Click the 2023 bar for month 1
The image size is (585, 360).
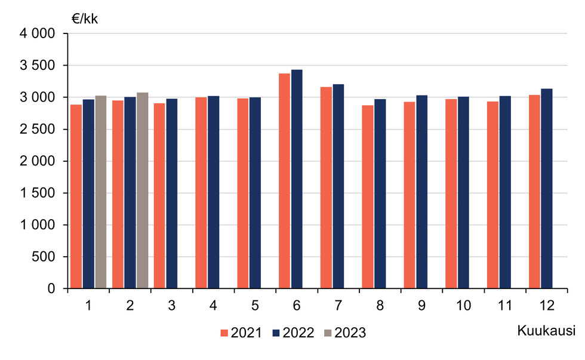click(101, 192)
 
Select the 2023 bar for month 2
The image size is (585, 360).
click(143, 191)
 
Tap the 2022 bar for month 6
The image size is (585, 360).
click(297, 179)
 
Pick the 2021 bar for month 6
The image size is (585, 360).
click(284, 181)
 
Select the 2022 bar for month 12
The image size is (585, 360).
click(546, 189)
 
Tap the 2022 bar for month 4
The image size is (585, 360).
click(213, 192)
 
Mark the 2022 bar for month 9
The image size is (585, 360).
click(421, 192)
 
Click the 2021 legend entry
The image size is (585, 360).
click(241, 333)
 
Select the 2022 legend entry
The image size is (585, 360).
click(293, 333)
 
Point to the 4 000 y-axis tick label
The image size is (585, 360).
click(37, 34)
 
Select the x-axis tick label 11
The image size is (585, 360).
click(505, 306)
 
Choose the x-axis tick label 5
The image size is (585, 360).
click(255, 306)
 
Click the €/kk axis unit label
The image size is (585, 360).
click(85, 19)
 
